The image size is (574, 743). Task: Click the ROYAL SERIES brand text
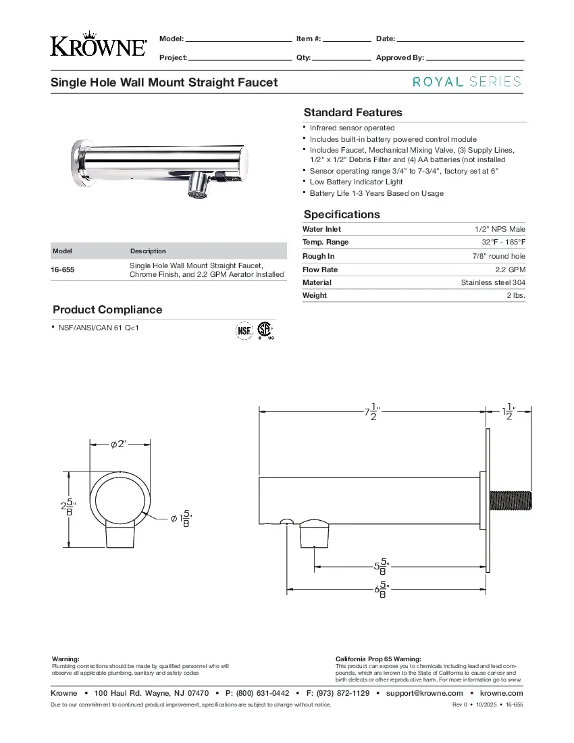[x=467, y=82]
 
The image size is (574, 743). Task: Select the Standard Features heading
[x=353, y=112]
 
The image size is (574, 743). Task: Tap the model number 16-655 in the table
[x=63, y=270]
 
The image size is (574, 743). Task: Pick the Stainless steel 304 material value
[x=493, y=282]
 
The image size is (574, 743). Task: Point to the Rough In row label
[x=318, y=256]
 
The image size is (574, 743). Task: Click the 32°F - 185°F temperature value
[x=503, y=242]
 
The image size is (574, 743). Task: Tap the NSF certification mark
[x=243, y=330]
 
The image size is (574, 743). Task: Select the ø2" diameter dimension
[x=119, y=444]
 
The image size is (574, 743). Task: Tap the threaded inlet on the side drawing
[x=513, y=501]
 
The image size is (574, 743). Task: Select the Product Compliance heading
[x=107, y=309]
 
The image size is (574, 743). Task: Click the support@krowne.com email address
[x=424, y=693]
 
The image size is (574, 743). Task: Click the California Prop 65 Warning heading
[x=378, y=659]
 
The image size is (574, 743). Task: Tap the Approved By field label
[x=400, y=57]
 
